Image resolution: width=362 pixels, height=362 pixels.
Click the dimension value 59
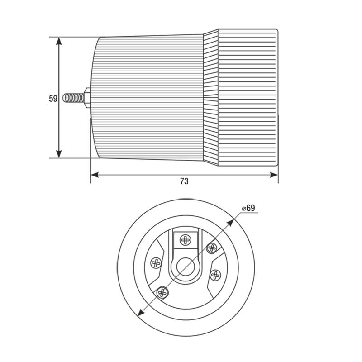coord(53,99)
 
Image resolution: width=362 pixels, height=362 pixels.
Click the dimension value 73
coord(184,181)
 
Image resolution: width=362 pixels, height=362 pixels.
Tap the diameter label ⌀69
coord(248,208)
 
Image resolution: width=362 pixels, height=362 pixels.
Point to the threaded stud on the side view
coord(74,98)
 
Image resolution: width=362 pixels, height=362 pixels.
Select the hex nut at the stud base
coord(87,98)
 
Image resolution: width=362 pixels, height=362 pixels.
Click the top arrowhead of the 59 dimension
coord(59,42)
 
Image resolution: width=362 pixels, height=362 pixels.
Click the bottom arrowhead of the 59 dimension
coord(59,154)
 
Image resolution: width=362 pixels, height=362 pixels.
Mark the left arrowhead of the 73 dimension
coord(95,175)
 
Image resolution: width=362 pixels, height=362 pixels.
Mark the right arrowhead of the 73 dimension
coord(274,175)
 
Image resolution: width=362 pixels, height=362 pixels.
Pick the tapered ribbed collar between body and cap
coord(210,97)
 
